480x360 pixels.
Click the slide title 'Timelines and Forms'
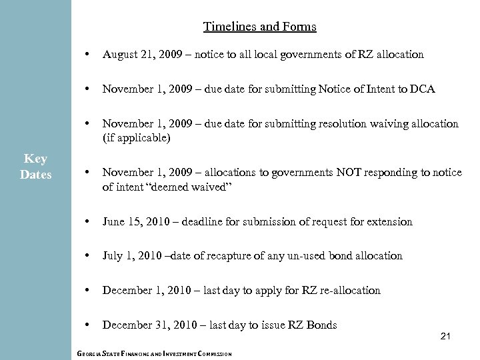(x=259, y=27)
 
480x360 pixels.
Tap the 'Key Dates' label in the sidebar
(x=35, y=165)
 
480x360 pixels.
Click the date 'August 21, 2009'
(x=137, y=55)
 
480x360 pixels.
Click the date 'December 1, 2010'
(x=142, y=291)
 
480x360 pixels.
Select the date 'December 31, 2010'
(x=145, y=325)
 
